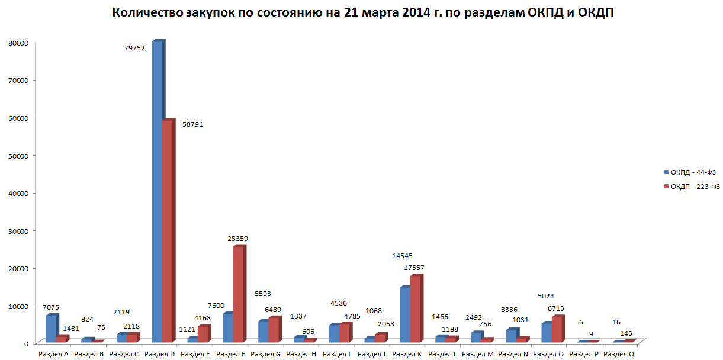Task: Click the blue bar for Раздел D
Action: [x=157, y=189]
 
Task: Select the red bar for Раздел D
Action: [x=168, y=231]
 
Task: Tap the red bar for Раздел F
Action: [x=238, y=293]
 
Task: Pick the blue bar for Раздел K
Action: [x=404, y=314]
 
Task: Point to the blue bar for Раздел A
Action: [x=51, y=329]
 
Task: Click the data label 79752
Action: [x=133, y=48]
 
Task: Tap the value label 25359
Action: [x=238, y=239]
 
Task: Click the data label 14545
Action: [x=403, y=256]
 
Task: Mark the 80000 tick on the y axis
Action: [x=18, y=43]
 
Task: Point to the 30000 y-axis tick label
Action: [x=18, y=231]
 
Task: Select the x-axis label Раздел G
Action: [x=265, y=354]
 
